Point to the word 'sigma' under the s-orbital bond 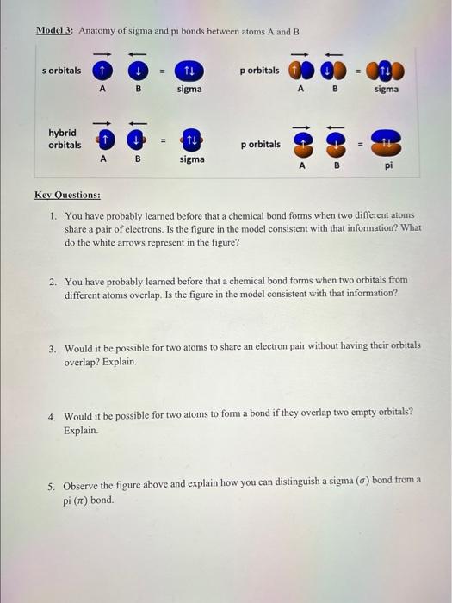(x=189, y=89)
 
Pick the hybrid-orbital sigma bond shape (x=192, y=140)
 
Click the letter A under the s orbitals (x=102, y=89)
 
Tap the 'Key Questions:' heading (x=67, y=196)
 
